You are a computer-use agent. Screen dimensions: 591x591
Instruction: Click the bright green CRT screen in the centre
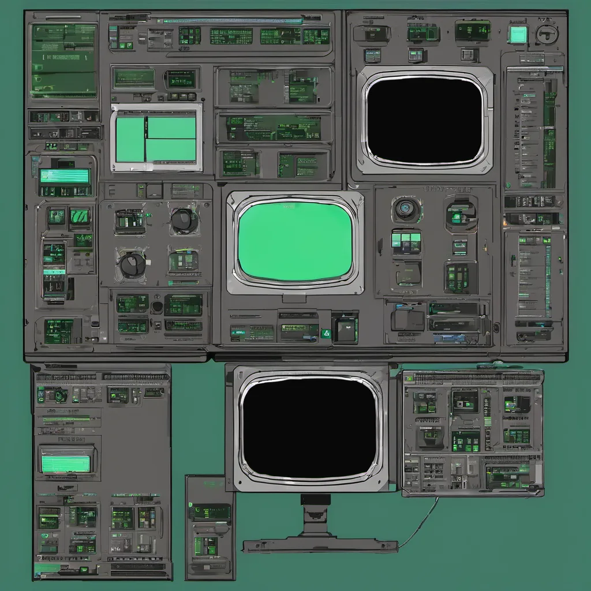coord(295,241)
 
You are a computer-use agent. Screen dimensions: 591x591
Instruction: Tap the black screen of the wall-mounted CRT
coord(425,120)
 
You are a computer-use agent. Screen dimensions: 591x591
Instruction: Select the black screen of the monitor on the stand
coord(309,428)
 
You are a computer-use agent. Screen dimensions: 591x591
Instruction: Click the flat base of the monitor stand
coord(320,545)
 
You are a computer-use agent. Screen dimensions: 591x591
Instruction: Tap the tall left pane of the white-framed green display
coord(130,139)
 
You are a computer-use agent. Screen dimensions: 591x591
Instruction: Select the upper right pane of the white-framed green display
coord(171,128)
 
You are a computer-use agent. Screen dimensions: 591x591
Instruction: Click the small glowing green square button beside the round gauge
coord(518,34)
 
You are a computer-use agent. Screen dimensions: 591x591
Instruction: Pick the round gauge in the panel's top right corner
coord(546,34)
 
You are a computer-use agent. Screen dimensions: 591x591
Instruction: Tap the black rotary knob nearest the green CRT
coord(184,220)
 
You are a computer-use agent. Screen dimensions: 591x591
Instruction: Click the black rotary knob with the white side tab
coord(132,264)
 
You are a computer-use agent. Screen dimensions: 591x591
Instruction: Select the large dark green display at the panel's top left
coord(64,60)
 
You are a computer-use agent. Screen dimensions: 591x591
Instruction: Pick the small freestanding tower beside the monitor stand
coord(210,526)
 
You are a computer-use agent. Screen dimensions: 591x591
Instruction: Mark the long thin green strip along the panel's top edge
coord(230,21)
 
